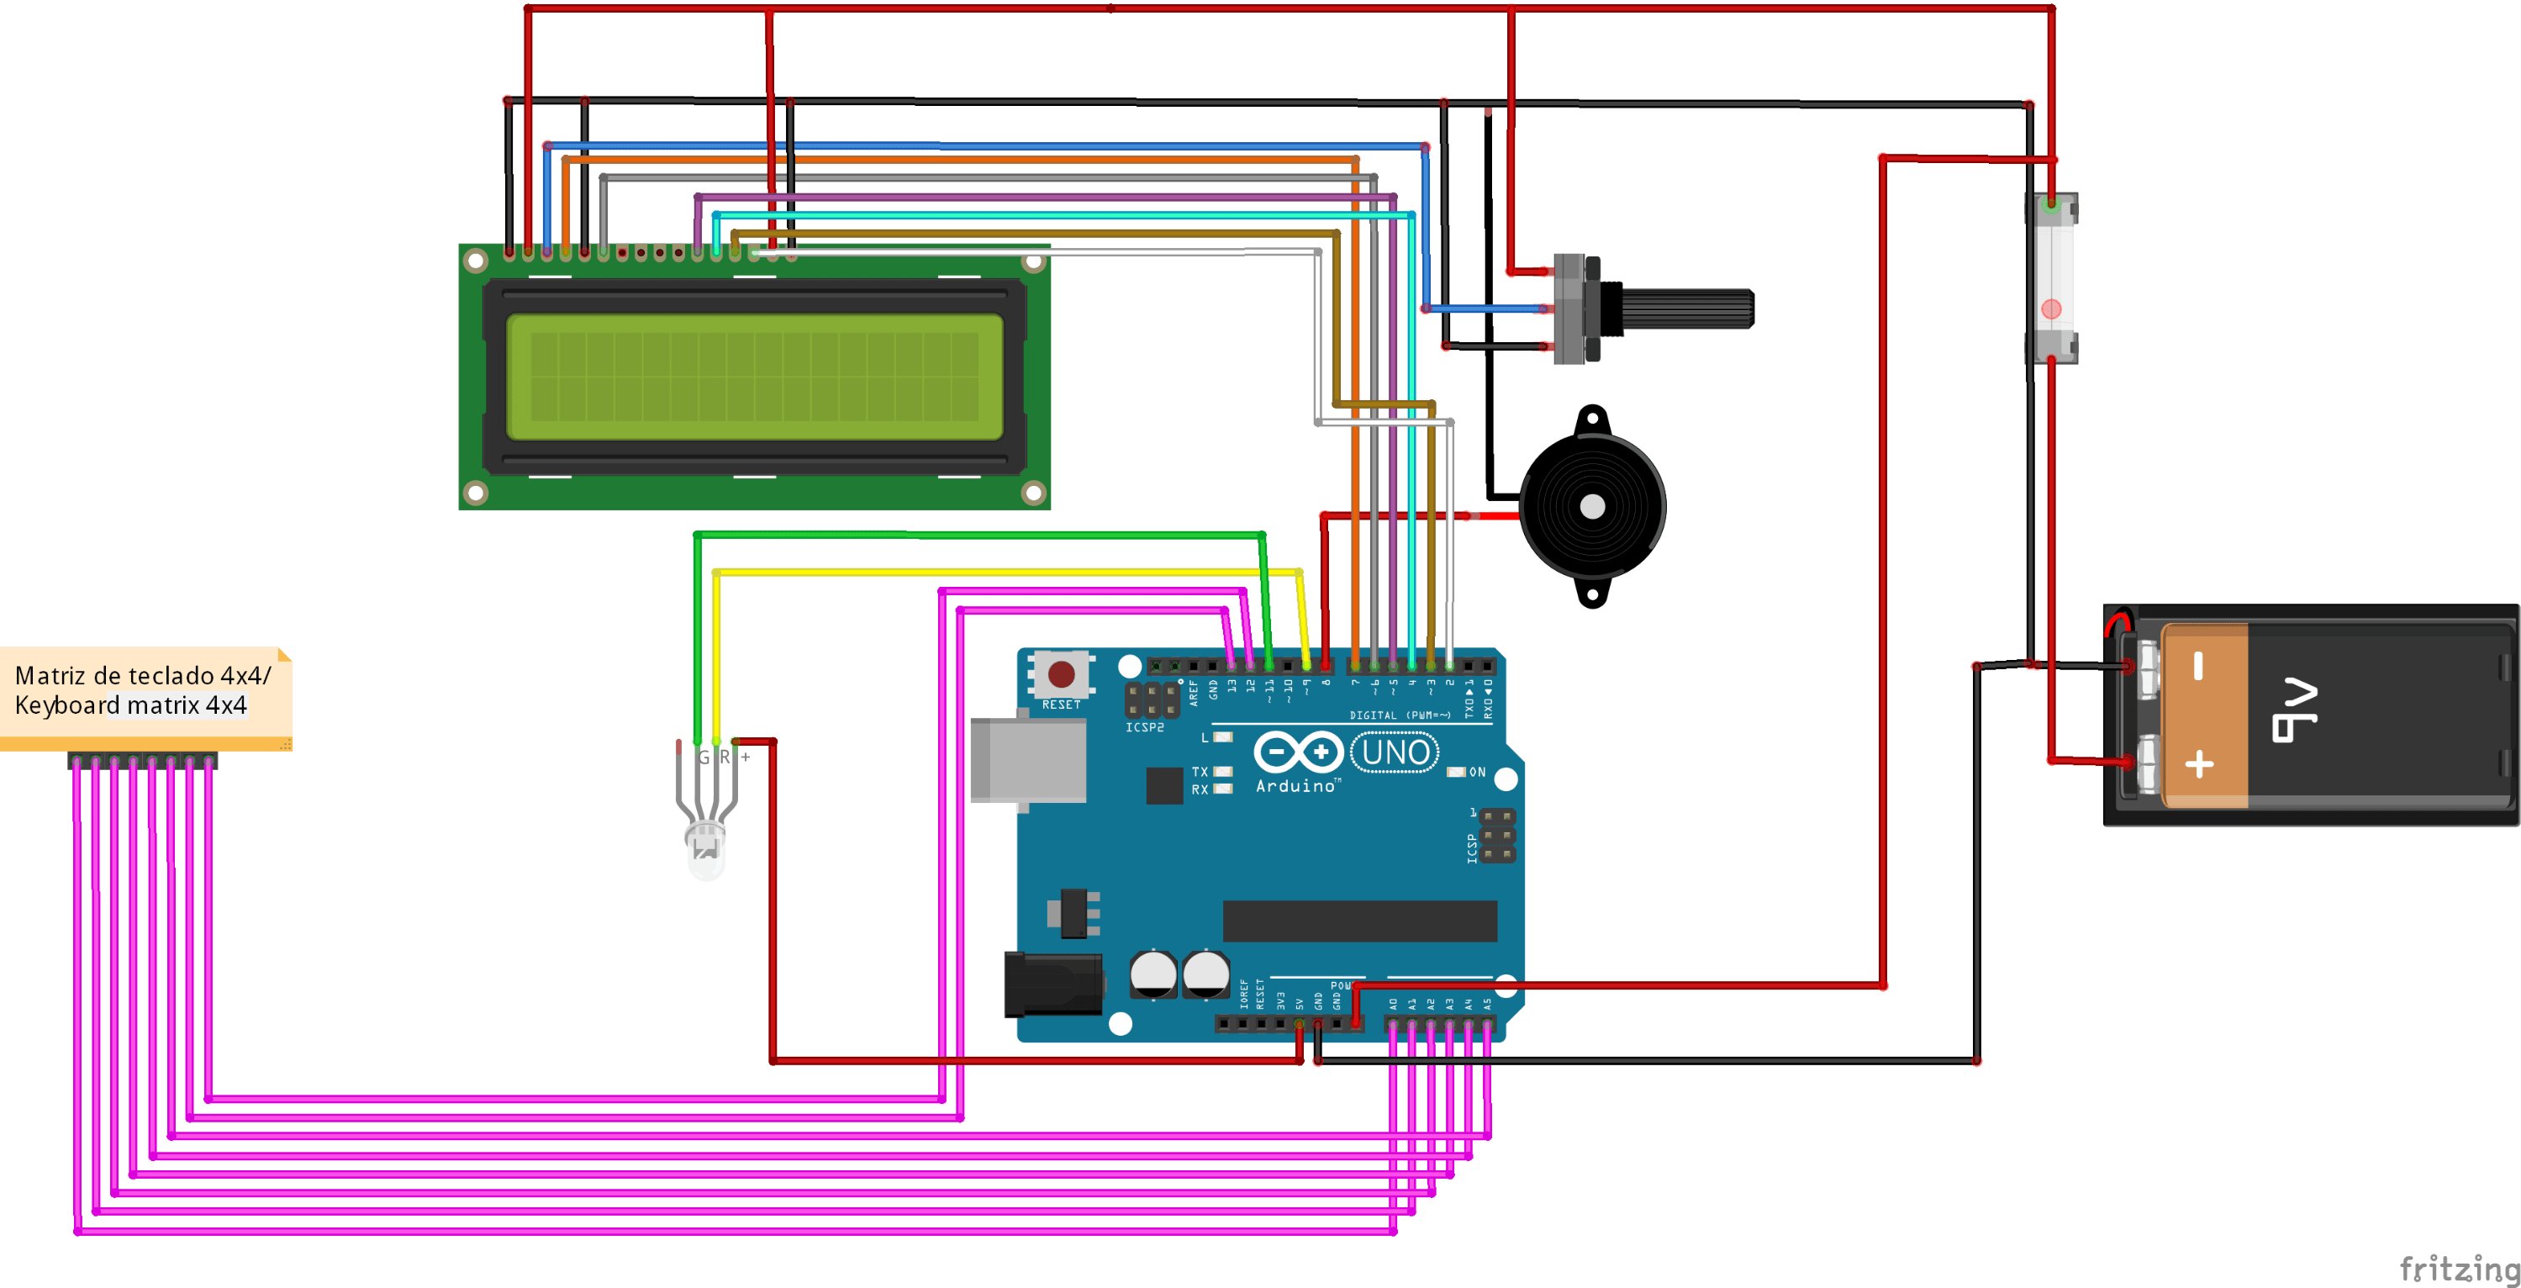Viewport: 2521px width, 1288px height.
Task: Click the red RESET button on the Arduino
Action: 1061,673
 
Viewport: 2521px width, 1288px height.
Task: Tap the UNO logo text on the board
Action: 1395,752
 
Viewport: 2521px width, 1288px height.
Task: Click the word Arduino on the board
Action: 1295,786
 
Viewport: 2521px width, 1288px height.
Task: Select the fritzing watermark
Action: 2458,1269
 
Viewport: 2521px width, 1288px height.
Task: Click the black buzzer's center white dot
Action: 1592,506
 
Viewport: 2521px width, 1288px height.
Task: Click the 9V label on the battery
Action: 2294,710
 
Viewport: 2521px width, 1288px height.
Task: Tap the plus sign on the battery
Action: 2199,764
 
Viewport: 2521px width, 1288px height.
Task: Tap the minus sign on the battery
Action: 2198,667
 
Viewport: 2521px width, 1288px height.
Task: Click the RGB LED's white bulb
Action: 705,852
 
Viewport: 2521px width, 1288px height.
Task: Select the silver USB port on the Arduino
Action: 1027,759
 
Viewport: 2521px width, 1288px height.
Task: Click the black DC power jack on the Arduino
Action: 1052,984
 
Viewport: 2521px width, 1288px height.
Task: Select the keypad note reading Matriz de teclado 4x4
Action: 143,691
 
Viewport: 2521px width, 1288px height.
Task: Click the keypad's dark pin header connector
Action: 143,761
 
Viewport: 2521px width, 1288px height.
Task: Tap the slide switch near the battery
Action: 2050,279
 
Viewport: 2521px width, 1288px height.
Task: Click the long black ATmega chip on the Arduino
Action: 1359,921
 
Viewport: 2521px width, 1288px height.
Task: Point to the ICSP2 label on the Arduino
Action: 1144,727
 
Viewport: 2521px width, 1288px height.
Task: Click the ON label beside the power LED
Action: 1477,773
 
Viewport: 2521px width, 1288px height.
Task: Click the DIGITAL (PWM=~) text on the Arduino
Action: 1400,715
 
